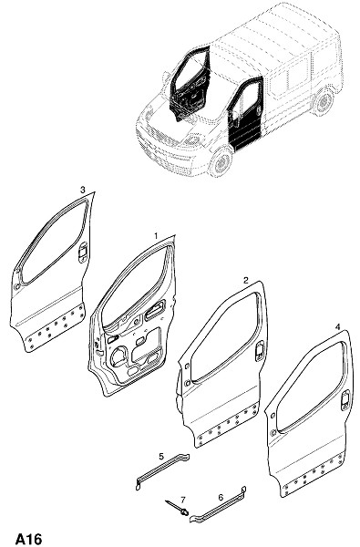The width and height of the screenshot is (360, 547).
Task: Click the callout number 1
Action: (x=156, y=236)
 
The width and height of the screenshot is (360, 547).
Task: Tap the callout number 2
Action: (x=246, y=280)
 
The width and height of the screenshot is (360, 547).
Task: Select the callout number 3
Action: (x=83, y=190)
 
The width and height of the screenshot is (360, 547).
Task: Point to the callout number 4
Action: (x=337, y=327)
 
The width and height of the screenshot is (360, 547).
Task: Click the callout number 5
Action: (x=161, y=457)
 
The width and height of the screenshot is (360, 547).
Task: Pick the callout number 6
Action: (x=221, y=497)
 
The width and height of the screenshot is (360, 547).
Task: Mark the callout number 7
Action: (x=183, y=500)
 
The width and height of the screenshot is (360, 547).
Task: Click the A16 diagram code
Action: (x=28, y=539)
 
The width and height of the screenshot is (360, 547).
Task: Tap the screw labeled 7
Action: (x=177, y=507)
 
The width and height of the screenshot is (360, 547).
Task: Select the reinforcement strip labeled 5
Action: (x=162, y=471)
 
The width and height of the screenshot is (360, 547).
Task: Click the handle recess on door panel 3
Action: (x=83, y=252)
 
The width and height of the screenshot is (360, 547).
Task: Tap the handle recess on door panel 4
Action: (x=345, y=400)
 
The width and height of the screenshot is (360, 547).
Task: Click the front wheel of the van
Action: (x=221, y=162)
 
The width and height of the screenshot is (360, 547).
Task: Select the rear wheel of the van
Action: (x=324, y=101)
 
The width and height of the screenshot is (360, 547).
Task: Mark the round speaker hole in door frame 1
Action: (x=118, y=356)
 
